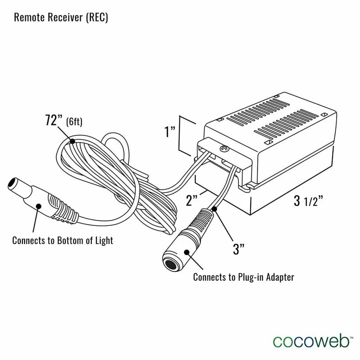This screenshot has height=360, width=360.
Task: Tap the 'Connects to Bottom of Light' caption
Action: tap(63, 240)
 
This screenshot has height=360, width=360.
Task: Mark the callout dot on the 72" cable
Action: tap(72, 142)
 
